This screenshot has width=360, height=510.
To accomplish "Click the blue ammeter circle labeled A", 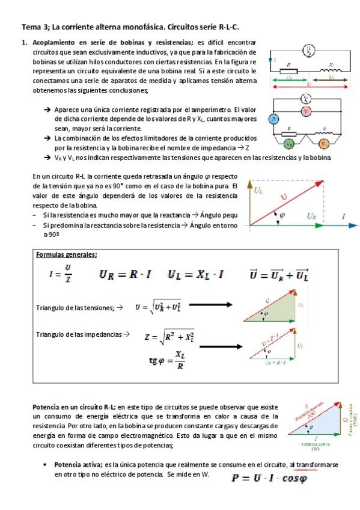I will point(273,120).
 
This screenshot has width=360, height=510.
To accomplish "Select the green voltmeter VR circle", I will point(289,144).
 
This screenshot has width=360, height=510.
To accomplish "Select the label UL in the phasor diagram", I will point(259,191).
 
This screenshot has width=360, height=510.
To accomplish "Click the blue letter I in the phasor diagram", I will point(344,215).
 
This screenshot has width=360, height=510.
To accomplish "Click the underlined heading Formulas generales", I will point(67,254).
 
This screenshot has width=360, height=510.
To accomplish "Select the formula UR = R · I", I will point(125,275).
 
